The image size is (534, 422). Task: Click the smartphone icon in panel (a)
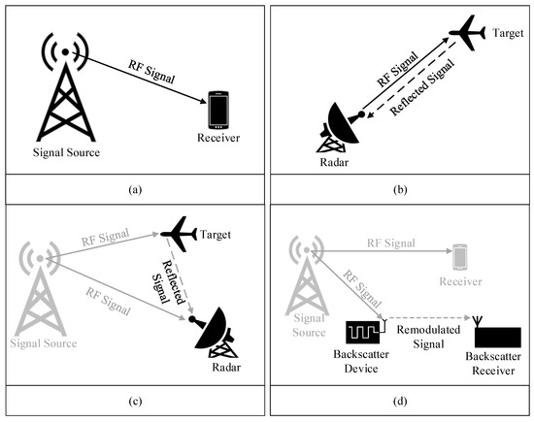point(218,110)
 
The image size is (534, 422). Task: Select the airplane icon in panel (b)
point(467,33)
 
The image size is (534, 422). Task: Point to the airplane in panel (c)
point(179,234)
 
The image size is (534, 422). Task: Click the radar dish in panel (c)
point(214,332)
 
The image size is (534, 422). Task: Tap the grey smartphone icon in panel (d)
point(460,257)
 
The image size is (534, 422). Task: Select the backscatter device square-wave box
point(363,332)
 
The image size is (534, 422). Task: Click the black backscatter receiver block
point(498,337)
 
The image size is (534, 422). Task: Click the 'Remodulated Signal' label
point(428,337)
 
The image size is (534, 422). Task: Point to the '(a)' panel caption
point(135,189)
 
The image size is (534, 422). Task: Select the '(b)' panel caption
point(400,189)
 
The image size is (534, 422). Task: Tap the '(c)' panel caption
point(135,402)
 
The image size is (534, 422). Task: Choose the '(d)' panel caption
point(400,402)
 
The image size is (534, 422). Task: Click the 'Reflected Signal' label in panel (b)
point(422,87)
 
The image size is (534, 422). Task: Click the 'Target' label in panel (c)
point(216,235)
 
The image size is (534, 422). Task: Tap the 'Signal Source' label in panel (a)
point(66,152)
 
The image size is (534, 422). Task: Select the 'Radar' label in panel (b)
point(334,162)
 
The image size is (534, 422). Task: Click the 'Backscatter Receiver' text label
point(493,364)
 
